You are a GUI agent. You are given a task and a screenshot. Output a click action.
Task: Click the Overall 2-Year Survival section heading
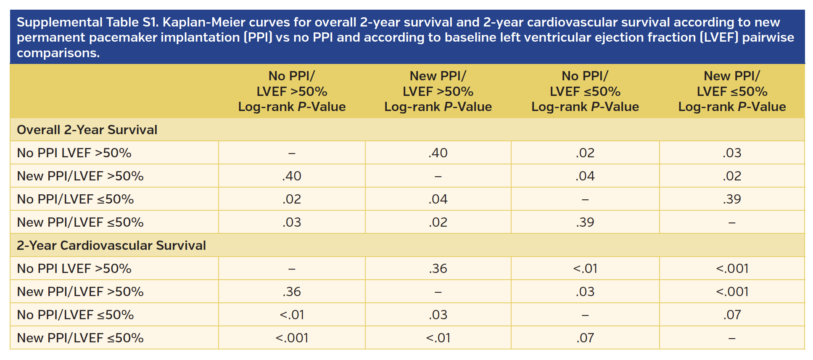click(x=87, y=130)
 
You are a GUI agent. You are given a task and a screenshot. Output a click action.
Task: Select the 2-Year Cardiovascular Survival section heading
click(x=111, y=245)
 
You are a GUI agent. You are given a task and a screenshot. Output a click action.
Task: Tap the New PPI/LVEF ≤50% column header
click(x=732, y=91)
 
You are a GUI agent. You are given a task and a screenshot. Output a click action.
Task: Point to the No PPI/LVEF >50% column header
click(x=292, y=91)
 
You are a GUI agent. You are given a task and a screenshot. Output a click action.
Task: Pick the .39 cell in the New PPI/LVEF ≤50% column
click(x=732, y=199)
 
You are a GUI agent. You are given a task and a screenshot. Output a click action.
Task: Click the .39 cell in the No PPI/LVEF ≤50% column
click(x=585, y=222)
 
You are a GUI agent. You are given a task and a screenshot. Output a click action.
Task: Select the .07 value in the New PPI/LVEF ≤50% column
click(x=732, y=315)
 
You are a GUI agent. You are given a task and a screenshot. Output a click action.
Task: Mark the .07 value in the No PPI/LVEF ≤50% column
click(x=585, y=338)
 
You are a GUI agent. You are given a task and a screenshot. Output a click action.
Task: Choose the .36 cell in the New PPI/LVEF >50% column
click(x=438, y=268)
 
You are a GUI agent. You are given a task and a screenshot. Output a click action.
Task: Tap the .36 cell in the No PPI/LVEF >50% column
click(x=292, y=291)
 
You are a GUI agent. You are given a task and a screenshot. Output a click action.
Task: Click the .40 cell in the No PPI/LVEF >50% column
click(x=292, y=176)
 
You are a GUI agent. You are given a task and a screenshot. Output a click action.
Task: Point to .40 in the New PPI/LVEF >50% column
click(x=438, y=153)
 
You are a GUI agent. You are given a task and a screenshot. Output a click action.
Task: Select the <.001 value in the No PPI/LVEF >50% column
click(x=292, y=338)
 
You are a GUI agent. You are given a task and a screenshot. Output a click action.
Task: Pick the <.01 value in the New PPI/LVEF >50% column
click(x=438, y=338)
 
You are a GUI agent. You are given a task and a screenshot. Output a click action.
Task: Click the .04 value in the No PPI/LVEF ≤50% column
click(x=585, y=176)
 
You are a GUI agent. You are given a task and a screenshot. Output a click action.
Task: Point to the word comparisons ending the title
click(x=58, y=53)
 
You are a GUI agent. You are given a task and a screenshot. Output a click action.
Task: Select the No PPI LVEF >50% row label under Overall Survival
click(x=74, y=153)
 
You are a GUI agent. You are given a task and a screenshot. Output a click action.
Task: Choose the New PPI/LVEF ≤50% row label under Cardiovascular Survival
click(x=80, y=338)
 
